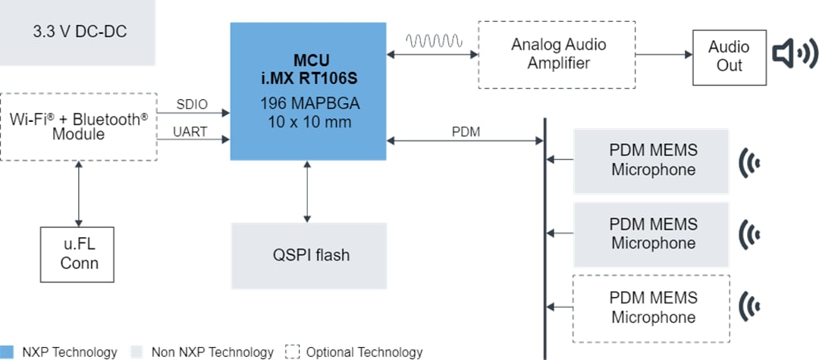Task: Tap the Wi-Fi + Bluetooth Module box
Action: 79,127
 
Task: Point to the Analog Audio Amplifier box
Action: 558,54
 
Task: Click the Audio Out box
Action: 729,57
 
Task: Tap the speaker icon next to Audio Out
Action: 795,55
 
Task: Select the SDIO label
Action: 192,104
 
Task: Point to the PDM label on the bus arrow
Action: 465,132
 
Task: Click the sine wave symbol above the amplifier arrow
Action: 432,40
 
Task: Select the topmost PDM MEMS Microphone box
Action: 652,160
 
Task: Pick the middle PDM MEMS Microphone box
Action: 652,233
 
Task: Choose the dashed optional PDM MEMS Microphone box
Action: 652,307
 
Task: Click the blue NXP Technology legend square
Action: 8,352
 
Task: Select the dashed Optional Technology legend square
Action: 292,352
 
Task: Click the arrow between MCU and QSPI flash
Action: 307,191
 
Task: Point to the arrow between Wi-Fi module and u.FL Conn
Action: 79,193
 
